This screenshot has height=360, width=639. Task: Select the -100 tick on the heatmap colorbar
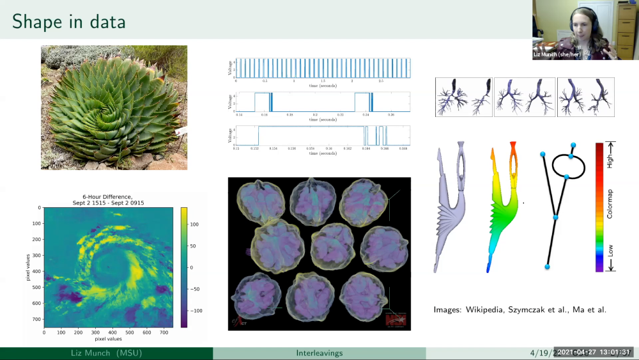pos(197,310)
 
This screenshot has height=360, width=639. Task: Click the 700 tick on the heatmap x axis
pos(164,333)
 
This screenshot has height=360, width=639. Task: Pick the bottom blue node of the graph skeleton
pos(548,266)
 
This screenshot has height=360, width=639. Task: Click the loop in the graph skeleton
pos(571,166)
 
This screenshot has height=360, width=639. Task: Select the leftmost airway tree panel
pos(463,97)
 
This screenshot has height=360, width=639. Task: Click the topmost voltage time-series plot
pos(323,68)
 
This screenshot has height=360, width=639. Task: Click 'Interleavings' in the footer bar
pos(319,353)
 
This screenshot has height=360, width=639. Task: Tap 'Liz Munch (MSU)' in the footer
pos(105,353)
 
